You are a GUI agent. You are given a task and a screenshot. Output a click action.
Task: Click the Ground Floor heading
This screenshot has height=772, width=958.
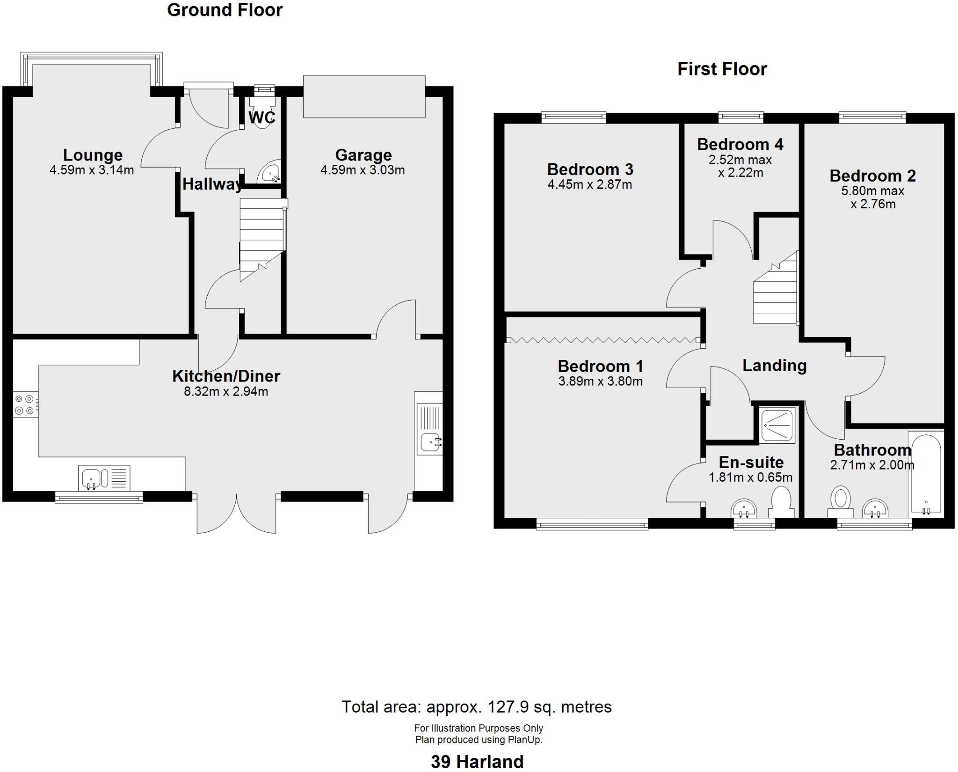(x=225, y=10)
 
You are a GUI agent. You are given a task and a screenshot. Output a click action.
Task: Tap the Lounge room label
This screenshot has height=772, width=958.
(x=93, y=155)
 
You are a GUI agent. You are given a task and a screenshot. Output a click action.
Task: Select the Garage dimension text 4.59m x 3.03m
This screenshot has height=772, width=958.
(x=363, y=170)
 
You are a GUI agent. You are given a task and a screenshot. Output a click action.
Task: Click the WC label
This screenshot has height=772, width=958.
(x=261, y=118)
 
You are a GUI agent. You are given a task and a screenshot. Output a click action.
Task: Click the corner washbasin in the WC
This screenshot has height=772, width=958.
(x=270, y=173)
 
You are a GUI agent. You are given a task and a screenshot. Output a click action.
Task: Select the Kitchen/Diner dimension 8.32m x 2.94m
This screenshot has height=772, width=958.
(x=226, y=391)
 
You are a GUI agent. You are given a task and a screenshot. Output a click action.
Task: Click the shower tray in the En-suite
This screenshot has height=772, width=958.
(x=777, y=426)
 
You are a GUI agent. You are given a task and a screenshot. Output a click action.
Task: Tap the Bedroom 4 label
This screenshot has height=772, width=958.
(x=740, y=144)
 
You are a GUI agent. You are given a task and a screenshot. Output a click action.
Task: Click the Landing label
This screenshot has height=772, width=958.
(x=774, y=366)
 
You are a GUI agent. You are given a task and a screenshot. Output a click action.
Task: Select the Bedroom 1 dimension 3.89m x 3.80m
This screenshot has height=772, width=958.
(x=600, y=382)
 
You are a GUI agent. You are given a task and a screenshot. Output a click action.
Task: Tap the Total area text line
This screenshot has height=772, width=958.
(x=476, y=706)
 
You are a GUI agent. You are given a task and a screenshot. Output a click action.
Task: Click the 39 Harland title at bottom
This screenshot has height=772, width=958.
(x=477, y=762)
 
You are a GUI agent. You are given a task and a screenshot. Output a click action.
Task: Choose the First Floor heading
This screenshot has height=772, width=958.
(x=722, y=69)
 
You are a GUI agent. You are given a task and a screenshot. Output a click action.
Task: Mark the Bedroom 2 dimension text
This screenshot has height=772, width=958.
(x=872, y=198)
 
